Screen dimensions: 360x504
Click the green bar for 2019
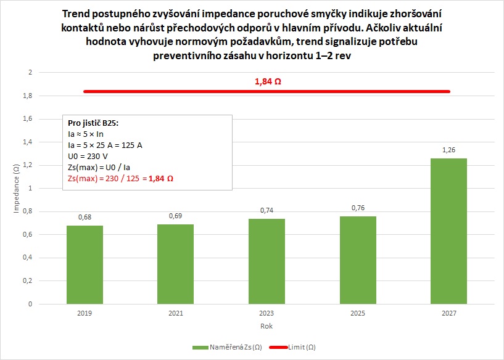tap(85, 264)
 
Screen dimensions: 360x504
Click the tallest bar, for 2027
tap(448, 231)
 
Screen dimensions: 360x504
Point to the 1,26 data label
tap(448, 150)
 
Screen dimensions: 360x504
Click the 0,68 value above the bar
tap(85, 217)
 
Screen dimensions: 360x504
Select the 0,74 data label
tap(266, 210)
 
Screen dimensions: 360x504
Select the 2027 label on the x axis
tap(448, 314)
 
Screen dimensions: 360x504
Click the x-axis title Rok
tap(266, 325)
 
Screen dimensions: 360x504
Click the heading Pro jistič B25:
tap(93, 123)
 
